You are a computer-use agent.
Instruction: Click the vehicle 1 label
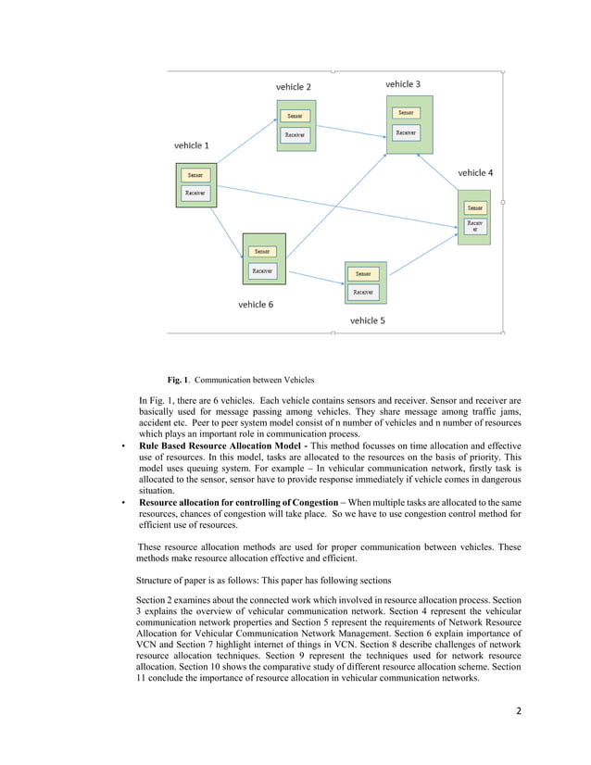coord(192,145)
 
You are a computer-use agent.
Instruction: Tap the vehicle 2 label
coord(294,87)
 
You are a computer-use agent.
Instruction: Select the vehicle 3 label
coord(403,84)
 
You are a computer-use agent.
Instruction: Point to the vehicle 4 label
coord(475,173)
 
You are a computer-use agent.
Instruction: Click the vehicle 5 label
coord(367,320)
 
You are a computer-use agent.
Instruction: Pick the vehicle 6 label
coord(256,304)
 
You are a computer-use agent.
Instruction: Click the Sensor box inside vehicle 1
coord(195,175)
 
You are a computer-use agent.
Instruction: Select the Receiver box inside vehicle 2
coord(295,134)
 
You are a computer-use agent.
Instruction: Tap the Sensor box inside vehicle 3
coord(405,113)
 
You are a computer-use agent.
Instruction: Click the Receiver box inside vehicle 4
coord(474,227)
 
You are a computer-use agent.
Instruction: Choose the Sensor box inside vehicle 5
coord(363,273)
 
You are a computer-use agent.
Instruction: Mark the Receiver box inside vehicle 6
coord(261,271)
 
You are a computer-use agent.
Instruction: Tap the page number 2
coord(519,710)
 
